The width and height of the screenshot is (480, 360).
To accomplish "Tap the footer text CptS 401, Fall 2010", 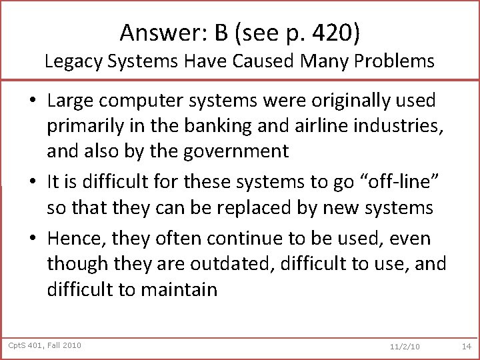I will (x=45, y=345).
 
